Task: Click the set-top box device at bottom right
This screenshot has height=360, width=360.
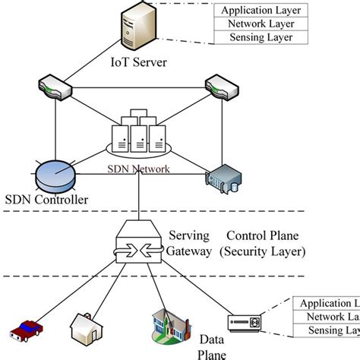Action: [x=247, y=323]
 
